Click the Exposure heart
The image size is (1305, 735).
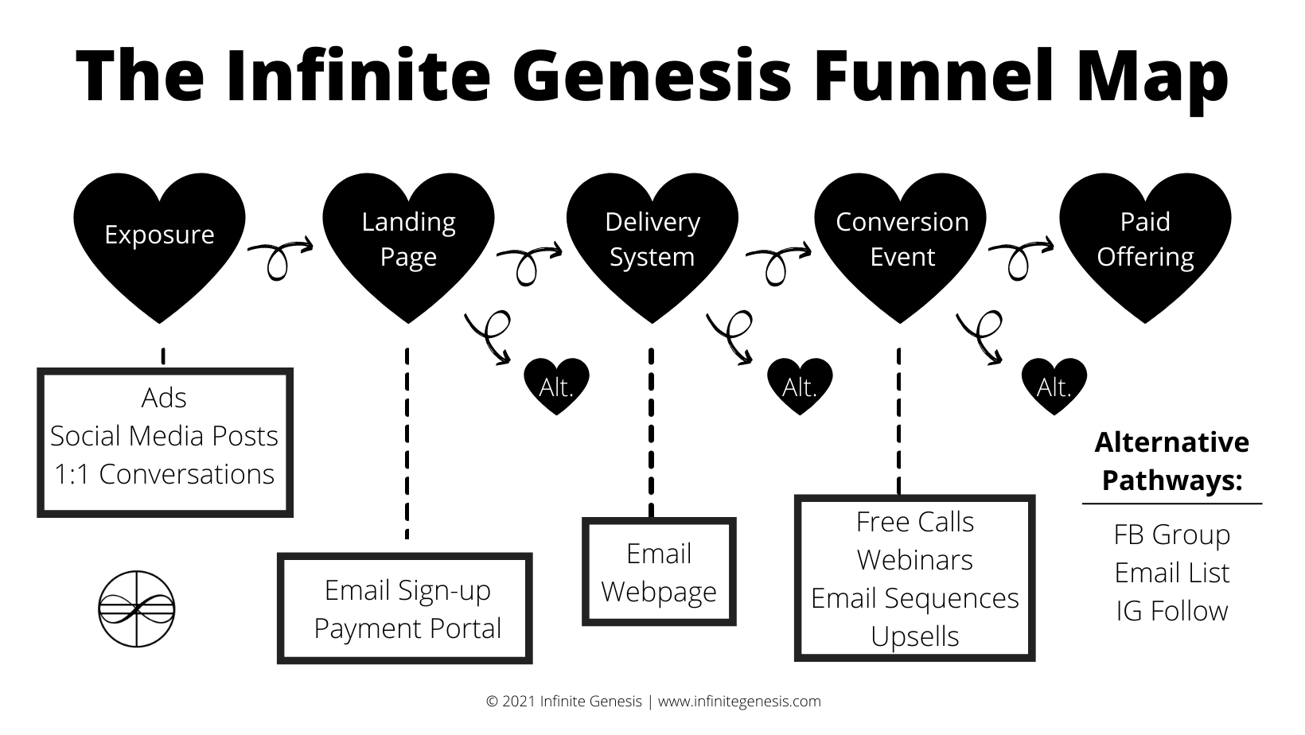coord(159,239)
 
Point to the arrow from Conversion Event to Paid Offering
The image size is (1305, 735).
coord(1020,255)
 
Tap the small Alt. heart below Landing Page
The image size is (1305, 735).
coord(557,386)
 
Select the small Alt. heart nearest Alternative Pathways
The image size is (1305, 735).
coord(1054,386)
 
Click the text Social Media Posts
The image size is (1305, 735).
coord(164,436)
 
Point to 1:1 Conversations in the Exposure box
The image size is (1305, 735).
coord(164,474)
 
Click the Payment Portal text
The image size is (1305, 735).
coord(407,628)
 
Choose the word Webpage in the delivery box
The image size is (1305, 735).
coord(659,592)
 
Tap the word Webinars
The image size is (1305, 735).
coord(914,560)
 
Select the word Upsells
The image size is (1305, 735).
coord(914,636)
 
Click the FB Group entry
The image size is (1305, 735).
coord(1171,535)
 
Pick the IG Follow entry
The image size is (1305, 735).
coord(1171,611)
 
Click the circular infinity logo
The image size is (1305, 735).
coord(136,609)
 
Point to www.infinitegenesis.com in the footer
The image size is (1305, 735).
coord(739,702)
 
